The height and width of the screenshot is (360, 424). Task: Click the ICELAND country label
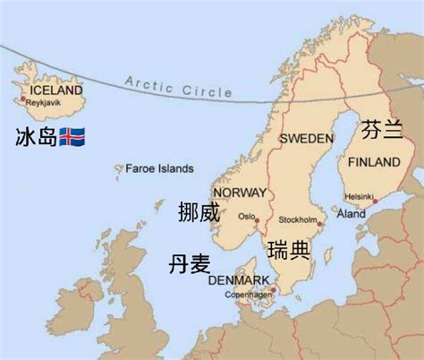[x=55, y=90]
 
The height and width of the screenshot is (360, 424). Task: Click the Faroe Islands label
[x=159, y=167]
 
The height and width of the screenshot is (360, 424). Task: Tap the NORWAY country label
[x=240, y=193]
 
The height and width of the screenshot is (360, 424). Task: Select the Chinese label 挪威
[x=199, y=213]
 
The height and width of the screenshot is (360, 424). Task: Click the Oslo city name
[x=246, y=216]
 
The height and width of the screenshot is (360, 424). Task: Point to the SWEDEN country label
[x=306, y=140]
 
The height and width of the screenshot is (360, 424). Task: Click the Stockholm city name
[x=299, y=219]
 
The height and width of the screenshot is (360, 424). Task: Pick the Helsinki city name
[x=360, y=195]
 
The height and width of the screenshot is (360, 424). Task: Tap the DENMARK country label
[x=238, y=280]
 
